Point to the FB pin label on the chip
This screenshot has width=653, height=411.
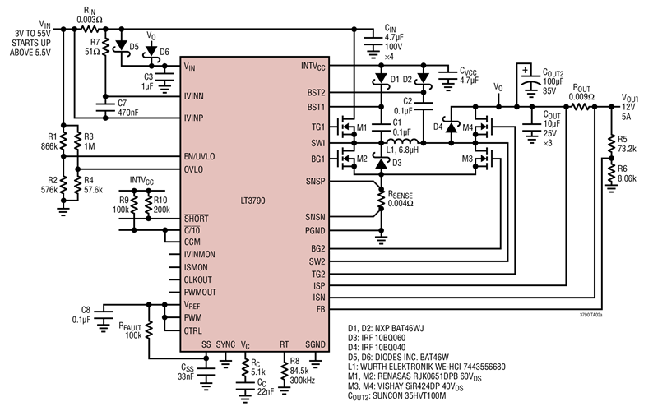[321, 309]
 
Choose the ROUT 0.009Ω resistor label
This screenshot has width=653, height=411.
[581, 91]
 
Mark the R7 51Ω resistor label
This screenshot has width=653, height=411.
[93, 47]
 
